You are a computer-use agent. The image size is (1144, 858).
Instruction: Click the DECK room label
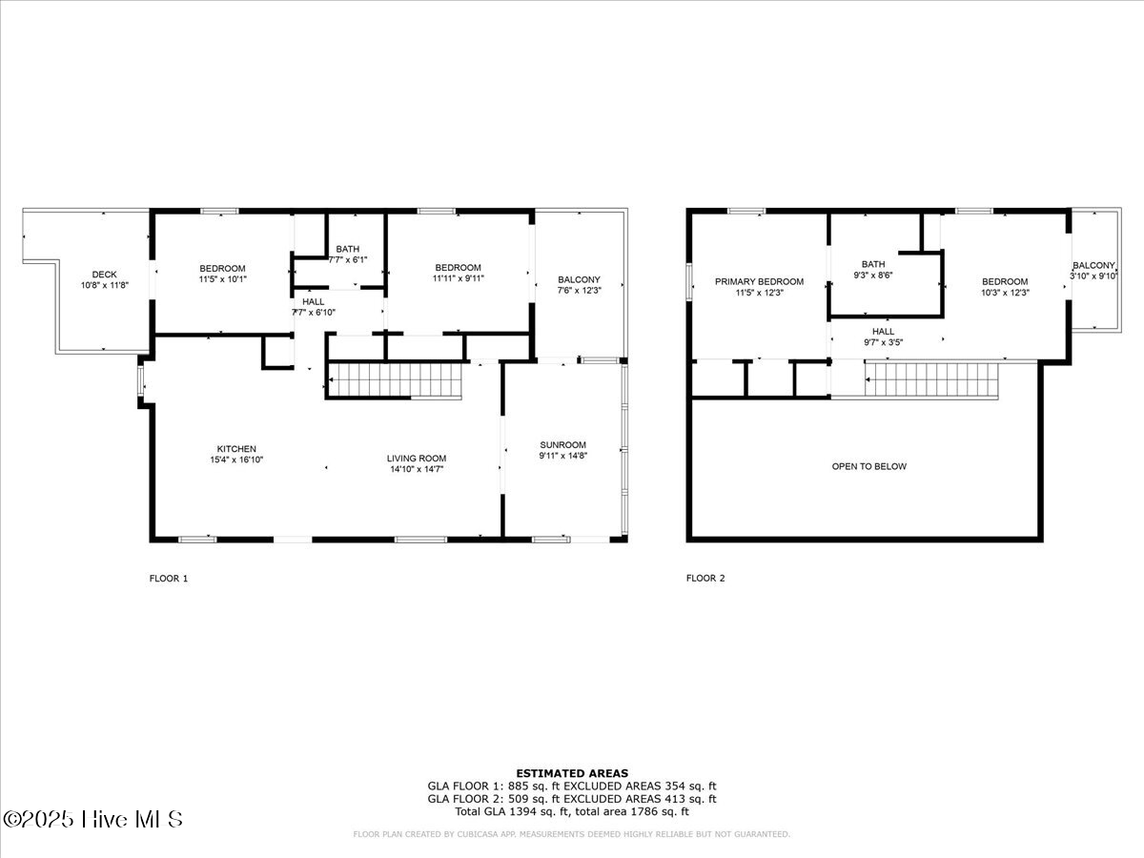pyautogui.click(x=105, y=274)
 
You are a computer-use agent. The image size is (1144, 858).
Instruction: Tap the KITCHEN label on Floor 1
pyautogui.click(x=236, y=448)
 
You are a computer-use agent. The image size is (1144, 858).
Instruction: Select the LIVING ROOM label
pyautogui.click(x=417, y=458)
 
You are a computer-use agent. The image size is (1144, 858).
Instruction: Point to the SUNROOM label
pyautogui.click(x=562, y=444)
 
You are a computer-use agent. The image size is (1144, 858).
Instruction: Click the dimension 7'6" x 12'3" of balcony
pyautogui.click(x=579, y=291)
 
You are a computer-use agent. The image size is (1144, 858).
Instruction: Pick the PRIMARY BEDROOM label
pyautogui.click(x=759, y=281)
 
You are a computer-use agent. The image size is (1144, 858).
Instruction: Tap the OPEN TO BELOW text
pyautogui.click(x=868, y=466)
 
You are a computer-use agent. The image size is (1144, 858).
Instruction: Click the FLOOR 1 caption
pyautogui.click(x=169, y=578)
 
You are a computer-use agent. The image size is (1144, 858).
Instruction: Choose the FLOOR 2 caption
pyautogui.click(x=705, y=578)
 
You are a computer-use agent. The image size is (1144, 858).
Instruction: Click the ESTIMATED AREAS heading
pyautogui.click(x=572, y=773)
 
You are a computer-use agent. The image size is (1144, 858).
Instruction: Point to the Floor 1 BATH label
pyautogui.click(x=347, y=249)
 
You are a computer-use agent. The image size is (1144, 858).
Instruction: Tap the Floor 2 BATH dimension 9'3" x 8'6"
pyautogui.click(x=872, y=276)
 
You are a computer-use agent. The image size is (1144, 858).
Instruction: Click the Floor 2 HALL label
pyautogui.click(x=883, y=331)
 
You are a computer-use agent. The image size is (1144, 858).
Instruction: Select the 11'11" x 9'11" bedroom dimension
pyautogui.click(x=458, y=278)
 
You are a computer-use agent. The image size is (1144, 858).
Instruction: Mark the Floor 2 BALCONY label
pyautogui.click(x=1093, y=265)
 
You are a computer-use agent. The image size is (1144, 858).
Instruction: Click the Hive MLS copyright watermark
pyautogui.click(x=92, y=818)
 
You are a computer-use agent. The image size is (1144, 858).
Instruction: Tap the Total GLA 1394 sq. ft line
pyautogui.click(x=572, y=811)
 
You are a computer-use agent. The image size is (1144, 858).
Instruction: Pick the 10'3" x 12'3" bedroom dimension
pyautogui.click(x=1005, y=293)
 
